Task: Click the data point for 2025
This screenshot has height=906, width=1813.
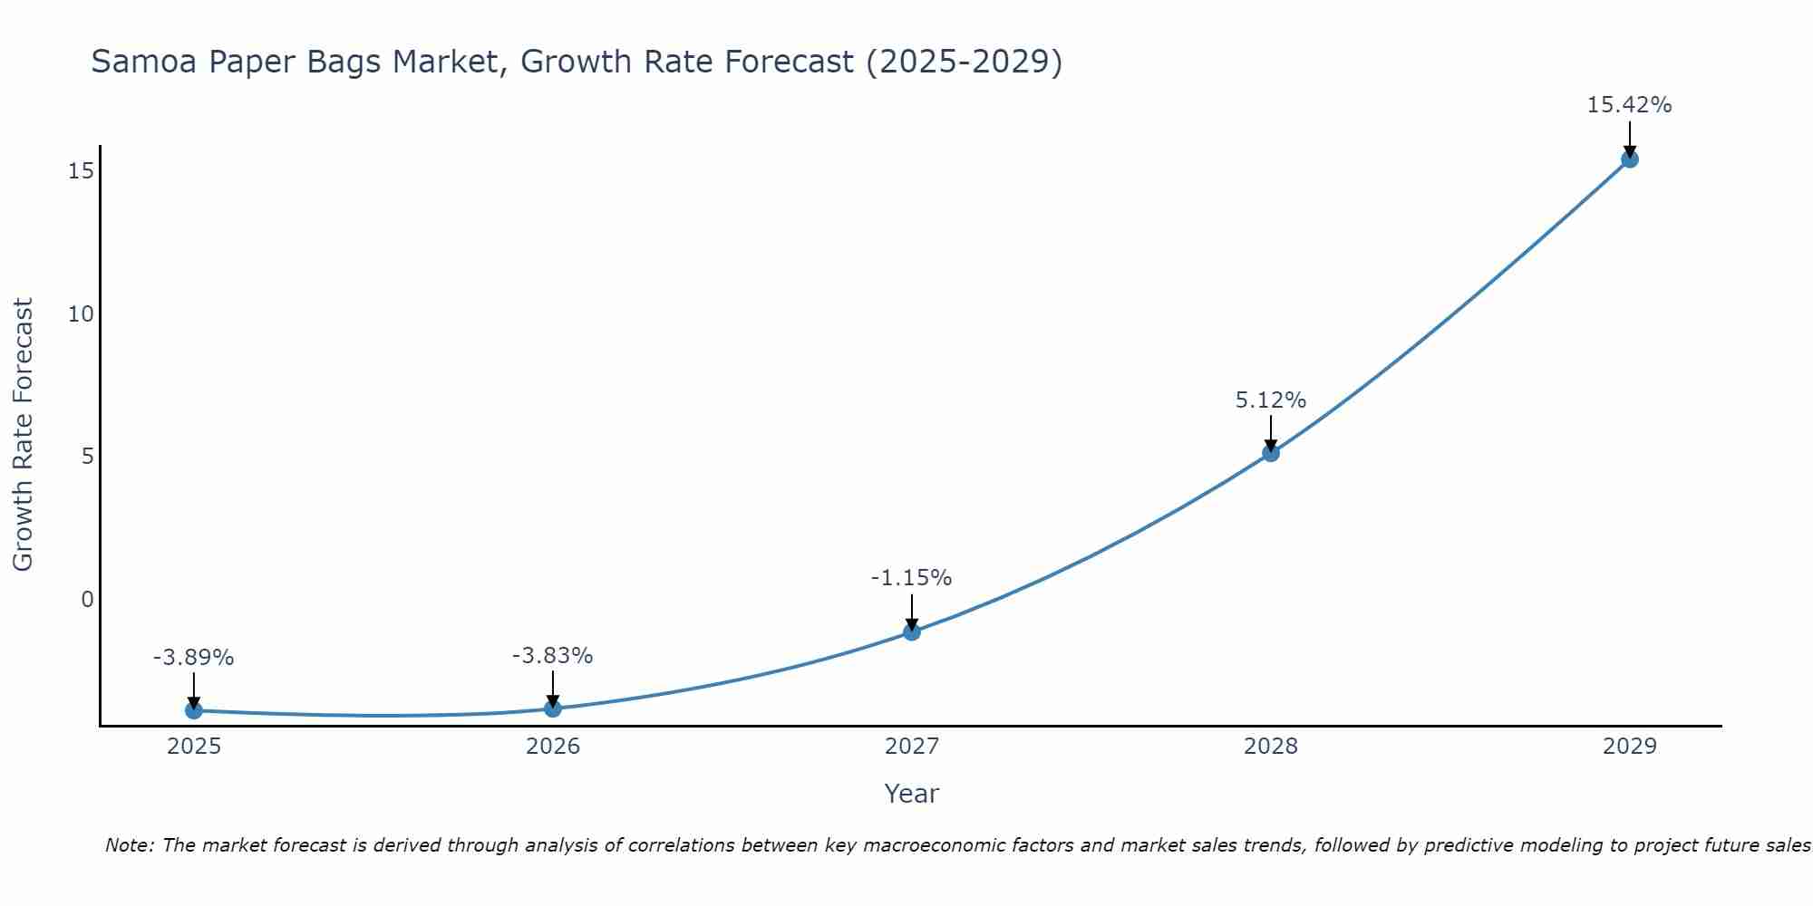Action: coord(193,710)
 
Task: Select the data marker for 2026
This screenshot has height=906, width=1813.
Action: coord(552,708)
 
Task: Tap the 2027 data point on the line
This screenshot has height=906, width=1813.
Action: coord(912,631)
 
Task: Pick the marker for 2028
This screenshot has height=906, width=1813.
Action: coord(1271,453)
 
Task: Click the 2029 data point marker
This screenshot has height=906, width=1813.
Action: coord(1629,159)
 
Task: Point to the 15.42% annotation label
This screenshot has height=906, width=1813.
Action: coord(1629,105)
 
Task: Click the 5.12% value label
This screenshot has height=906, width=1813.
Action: coord(1270,400)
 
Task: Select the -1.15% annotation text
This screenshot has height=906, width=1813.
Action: coord(911,578)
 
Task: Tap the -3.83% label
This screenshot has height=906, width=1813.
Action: coord(552,656)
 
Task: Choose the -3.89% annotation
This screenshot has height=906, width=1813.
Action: coord(193,658)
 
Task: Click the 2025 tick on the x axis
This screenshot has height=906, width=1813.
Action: coord(194,747)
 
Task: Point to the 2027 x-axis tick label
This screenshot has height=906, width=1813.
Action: coord(912,747)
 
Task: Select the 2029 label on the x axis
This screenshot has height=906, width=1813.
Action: coord(1629,747)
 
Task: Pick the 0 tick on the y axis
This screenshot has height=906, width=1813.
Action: coord(87,600)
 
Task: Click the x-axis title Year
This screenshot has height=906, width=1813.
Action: coord(911,794)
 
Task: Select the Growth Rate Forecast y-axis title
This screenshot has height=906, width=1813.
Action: coord(23,435)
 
